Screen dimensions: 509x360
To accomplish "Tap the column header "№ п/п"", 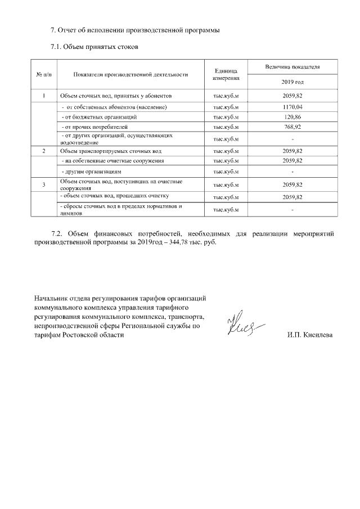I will click(44, 74).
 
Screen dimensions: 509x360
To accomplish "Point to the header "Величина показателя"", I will click(292, 66).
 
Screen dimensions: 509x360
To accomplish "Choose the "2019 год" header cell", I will click(292, 82).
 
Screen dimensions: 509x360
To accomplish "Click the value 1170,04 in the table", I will click(292, 107).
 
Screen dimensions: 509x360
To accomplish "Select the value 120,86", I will click(292, 117).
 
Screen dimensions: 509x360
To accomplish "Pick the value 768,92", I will click(292, 128).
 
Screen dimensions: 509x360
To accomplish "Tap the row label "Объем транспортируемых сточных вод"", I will click(111, 151).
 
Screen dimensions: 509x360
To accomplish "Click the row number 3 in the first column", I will click(44, 184).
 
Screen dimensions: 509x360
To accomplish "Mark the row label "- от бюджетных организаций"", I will click(100, 117).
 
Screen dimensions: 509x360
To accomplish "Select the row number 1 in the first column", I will click(44, 96).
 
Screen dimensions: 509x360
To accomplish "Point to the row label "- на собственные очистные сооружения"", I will click(112, 161).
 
